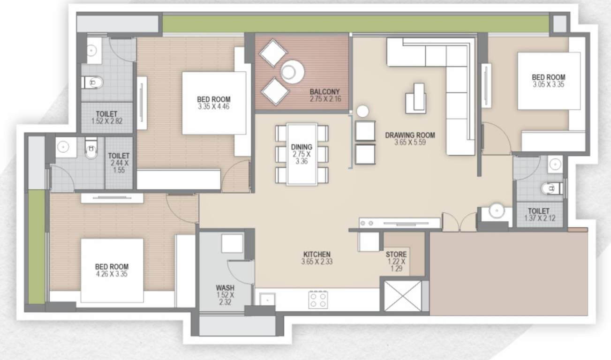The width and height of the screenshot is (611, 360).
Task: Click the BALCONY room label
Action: [x=324, y=92]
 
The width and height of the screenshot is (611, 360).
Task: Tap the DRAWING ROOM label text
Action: [x=410, y=135]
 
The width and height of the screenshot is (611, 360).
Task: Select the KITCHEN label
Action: [x=317, y=255]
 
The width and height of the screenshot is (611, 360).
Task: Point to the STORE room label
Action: [x=396, y=255]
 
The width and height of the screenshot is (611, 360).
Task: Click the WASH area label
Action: [x=225, y=287]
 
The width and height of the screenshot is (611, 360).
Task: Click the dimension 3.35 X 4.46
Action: [x=213, y=106]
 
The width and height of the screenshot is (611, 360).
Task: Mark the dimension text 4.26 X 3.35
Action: [x=111, y=274]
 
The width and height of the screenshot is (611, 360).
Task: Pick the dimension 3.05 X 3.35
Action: [x=548, y=85]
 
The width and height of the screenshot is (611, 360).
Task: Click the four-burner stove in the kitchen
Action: [x=318, y=300]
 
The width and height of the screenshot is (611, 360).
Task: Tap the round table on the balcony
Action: [x=293, y=72]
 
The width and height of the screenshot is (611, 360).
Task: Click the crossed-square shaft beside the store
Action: [x=403, y=295]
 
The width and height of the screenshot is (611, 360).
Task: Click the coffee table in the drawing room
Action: [x=416, y=98]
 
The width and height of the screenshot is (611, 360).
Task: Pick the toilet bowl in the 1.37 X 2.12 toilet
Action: [x=549, y=188]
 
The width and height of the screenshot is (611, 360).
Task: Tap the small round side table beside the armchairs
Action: [x=362, y=112]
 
